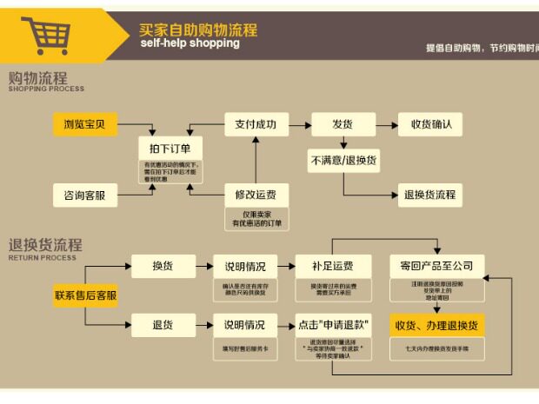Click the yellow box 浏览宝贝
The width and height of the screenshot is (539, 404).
point(84,124)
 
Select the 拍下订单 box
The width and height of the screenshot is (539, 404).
point(170,148)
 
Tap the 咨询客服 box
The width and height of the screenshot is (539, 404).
point(84,195)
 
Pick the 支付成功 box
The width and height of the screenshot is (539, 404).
point(256,124)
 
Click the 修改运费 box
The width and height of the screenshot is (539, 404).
point(256,195)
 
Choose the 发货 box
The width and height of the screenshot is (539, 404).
point(343,124)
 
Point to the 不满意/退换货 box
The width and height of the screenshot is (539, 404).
point(343,161)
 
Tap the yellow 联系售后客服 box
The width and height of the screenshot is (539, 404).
point(85,295)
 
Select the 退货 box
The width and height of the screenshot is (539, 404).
point(163,325)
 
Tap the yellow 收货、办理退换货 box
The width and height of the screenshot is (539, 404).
point(436,325)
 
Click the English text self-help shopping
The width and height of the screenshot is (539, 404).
point(190,43)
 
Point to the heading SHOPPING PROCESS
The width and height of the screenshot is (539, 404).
point(47,89)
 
